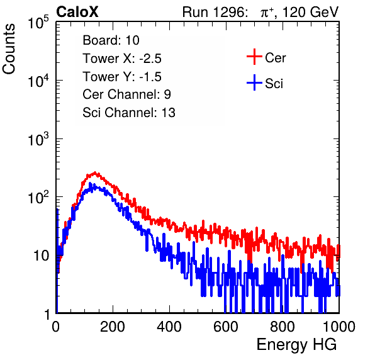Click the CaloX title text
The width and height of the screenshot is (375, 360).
[77, 12]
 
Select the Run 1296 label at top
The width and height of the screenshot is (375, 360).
[215, 12]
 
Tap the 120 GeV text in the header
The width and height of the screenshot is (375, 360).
[310, 12]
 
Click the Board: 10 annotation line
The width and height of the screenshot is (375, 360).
[111, 40]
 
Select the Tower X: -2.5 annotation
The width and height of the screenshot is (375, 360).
[122, 59]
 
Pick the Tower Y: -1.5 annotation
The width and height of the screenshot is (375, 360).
[122, 77]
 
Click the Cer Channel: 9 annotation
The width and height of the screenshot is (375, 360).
[126, 94]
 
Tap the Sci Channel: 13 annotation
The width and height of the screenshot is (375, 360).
[129, 113]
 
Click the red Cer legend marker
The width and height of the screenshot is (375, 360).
[254, 57]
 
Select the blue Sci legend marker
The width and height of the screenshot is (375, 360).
[254, 82]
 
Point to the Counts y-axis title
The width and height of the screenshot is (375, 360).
[9, 49]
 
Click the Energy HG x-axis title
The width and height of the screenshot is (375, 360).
[296, 344]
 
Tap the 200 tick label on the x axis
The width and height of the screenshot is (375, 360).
[113, 327]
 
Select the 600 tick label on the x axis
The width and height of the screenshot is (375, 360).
[226, 327]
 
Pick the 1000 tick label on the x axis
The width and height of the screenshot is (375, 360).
[339, 327]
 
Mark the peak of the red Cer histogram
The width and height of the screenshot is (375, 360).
[95, 172]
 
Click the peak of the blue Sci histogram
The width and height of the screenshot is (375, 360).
[90, 184]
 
